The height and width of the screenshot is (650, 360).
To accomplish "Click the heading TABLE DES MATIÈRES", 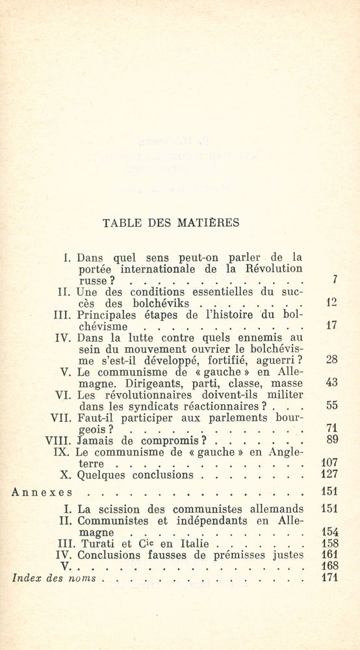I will (x=171, y=223).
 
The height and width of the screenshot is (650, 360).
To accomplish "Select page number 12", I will (x=330, y=303).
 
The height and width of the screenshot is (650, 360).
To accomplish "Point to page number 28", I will (x=330, y=360).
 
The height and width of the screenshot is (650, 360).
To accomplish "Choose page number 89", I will (x=330, y=440).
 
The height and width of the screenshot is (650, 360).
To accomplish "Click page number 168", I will (x=330, y=565).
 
